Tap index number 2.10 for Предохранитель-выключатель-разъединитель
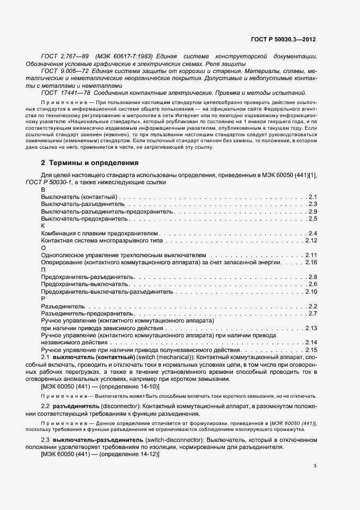pyautogui.click(x=311, y=292)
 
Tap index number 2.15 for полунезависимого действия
pyautogui.click(x=311, y=350)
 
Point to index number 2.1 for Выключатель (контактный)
pyautogui.click(x=313, y=196)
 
